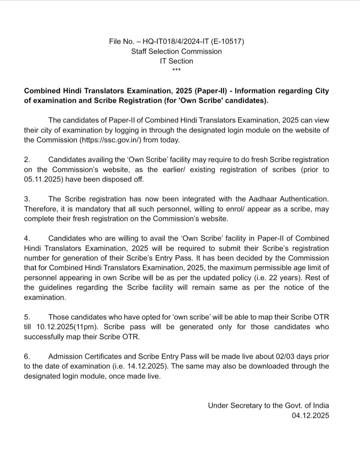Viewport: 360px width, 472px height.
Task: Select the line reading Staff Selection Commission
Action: pyautogui.click(x=177, y=51)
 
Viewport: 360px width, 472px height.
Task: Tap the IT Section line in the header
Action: pyautogui.click(x=176, y=61)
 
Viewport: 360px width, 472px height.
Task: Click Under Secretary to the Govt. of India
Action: pyautogui.click(x=268, y=406)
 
